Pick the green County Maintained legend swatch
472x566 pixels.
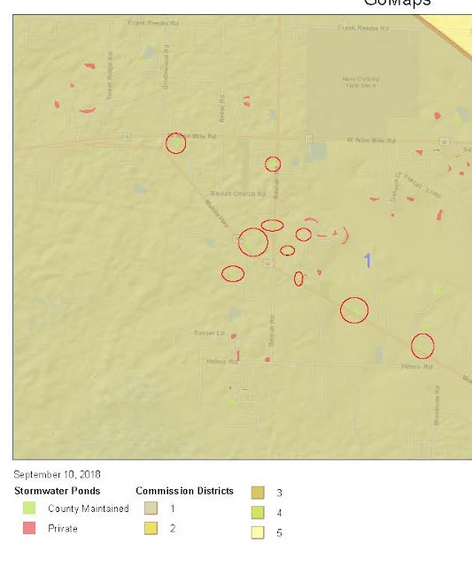pos(30,509)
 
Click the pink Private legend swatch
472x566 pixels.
pos(30,528)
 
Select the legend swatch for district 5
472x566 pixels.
pos(259,532)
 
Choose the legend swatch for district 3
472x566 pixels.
pos(259,493)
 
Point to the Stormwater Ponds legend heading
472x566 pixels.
pos(57,491)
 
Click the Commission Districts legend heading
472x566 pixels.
pos(184,491)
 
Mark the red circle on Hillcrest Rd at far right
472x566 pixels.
pos(422,346)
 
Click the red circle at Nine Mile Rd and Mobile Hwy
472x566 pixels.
pos(176,143)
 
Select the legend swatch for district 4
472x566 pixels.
pos(259,513)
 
